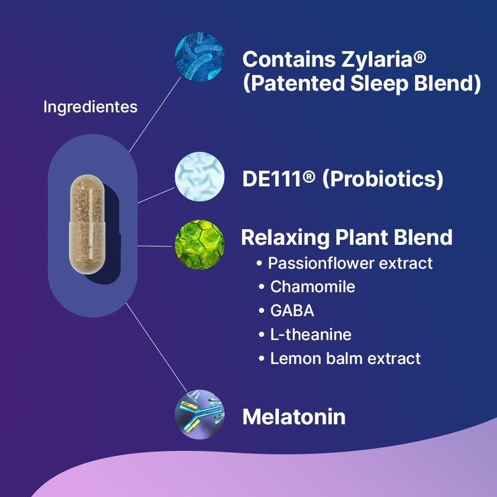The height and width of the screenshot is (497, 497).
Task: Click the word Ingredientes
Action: (x=90, y=107)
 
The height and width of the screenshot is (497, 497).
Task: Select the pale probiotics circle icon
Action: (x=198, y=179)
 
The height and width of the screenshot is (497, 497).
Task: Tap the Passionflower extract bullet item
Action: (x=350, y=263)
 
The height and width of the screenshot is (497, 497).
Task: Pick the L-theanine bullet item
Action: (x=311, y=334)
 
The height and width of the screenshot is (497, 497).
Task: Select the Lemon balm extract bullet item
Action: (x=345, y=358)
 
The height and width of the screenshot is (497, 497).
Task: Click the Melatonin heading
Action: (x=293, y=416)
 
